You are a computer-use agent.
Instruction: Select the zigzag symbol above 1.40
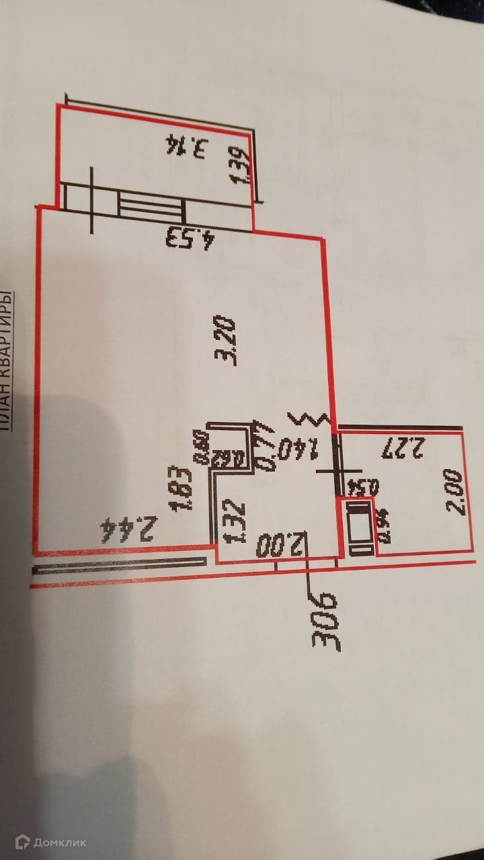coord(310,419)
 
